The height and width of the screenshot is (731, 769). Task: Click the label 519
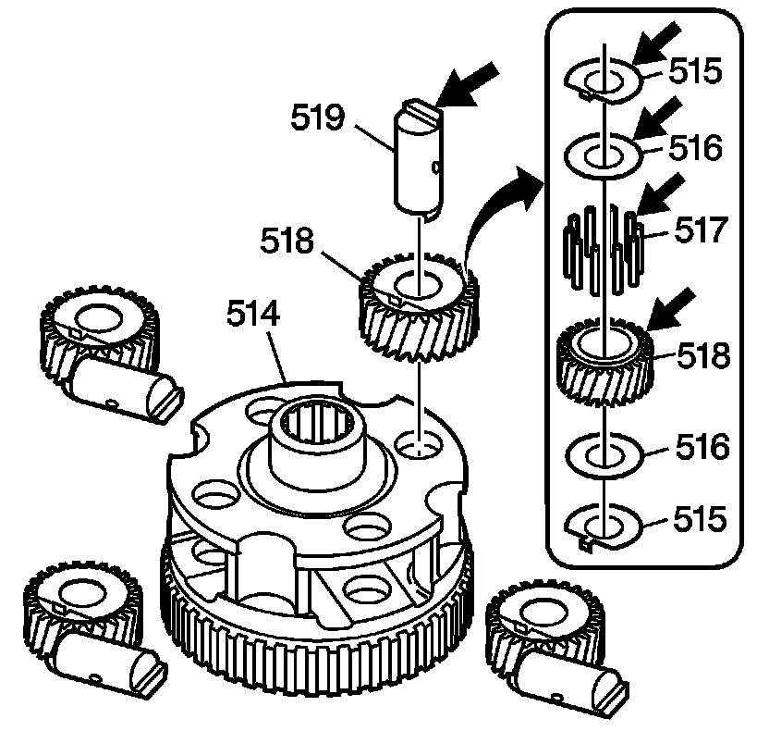coord(319,118)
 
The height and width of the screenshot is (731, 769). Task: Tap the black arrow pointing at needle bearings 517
coord(664,197)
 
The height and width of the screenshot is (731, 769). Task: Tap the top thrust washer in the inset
coord(602,79)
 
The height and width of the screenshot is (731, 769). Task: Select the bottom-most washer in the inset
coord(602,526)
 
